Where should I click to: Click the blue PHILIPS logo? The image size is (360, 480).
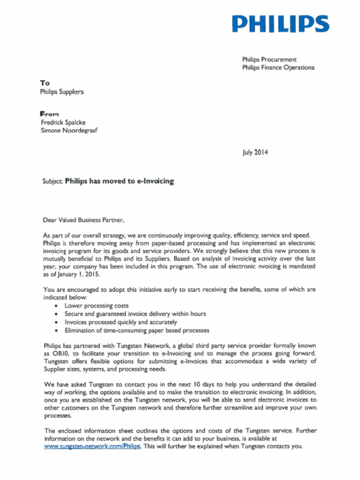coord(280,24)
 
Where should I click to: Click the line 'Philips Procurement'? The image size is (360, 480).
coord(269,60)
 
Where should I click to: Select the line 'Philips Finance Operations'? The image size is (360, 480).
coord(278,67)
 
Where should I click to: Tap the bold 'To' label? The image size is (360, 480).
coord(45,83)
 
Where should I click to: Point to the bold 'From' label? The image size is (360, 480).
coord(49,114)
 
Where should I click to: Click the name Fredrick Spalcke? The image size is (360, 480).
coord(63,122)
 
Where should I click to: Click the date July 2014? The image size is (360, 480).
coord(255,152)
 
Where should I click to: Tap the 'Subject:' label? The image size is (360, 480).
coord(52,180)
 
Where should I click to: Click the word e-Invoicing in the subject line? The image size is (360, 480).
coord(155,180)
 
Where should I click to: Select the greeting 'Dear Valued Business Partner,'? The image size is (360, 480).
coord(83,219)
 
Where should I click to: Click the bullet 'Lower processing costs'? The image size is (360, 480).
coord(97,306)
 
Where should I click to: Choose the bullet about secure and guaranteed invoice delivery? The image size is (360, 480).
coord(135,314)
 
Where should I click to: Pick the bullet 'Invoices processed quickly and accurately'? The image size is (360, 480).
coord(120,322)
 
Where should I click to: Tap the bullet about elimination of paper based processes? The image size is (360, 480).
coord(137,330)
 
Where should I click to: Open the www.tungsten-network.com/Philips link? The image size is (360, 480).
coord(92,446)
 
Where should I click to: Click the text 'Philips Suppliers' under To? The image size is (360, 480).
coord(61,92)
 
